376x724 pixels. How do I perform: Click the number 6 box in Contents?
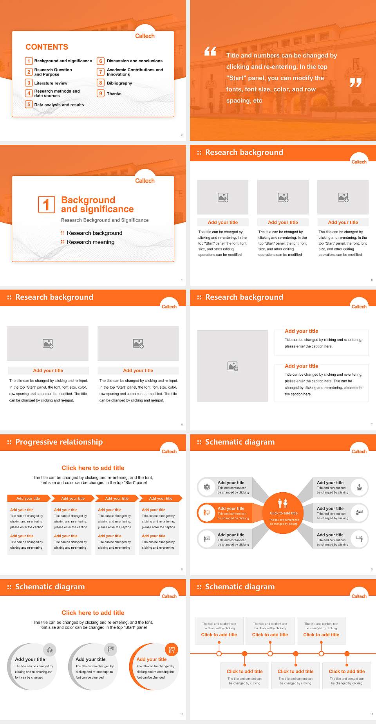(101, 61)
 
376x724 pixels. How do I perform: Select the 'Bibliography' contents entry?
(119, 83)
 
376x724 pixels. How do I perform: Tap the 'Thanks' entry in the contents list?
(114, 94)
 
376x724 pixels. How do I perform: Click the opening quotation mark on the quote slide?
(210, 51)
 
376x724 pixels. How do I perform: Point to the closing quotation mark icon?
(355, 83)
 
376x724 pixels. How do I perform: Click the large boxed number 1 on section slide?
(47, 204)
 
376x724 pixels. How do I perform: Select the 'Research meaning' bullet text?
(90, 242)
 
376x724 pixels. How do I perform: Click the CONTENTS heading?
(47, 47)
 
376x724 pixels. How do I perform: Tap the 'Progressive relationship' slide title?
(59, 442)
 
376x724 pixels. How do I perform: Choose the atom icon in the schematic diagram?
(207, 487)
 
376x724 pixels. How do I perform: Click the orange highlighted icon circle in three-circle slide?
(172, 650)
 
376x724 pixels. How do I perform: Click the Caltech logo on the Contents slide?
(145, 36)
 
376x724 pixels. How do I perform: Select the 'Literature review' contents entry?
(51, 83)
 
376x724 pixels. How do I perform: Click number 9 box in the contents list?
(101, 94)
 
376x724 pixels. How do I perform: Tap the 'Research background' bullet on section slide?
(94, 233)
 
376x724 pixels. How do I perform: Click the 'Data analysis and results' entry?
(59, 105)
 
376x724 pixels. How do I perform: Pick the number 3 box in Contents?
(29, 83)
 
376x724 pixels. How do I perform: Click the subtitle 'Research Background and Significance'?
(105, 220)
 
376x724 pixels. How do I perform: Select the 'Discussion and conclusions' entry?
(135, 61)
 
